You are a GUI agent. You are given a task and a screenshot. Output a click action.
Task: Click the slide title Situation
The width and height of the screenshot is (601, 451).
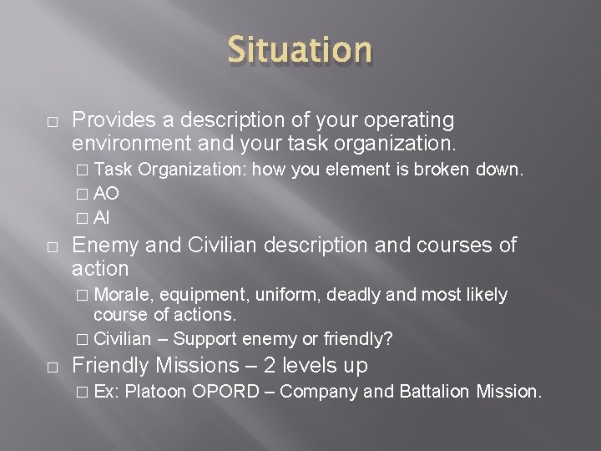(x=300, y=49)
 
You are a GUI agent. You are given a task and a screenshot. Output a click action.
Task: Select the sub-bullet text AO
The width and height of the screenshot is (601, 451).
(x=106, y=194)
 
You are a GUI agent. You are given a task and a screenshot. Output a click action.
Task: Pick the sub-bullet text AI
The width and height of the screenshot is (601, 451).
(x=102, y=218)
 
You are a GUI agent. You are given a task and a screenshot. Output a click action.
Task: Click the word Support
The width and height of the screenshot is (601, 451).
(x=205, y=339)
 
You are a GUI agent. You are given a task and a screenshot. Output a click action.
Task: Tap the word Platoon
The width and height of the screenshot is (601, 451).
(x=156, y=391)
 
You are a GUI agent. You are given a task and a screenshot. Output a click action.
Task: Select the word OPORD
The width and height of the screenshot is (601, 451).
(x=226, y=391)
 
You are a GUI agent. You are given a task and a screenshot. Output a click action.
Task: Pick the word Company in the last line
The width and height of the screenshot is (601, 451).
(x=317, y=391)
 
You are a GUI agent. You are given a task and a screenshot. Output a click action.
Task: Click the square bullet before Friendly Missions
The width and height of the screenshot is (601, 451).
(x=52, y=367)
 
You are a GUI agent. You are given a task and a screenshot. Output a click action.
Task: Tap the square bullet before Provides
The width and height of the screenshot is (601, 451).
(x=52, y=122)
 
